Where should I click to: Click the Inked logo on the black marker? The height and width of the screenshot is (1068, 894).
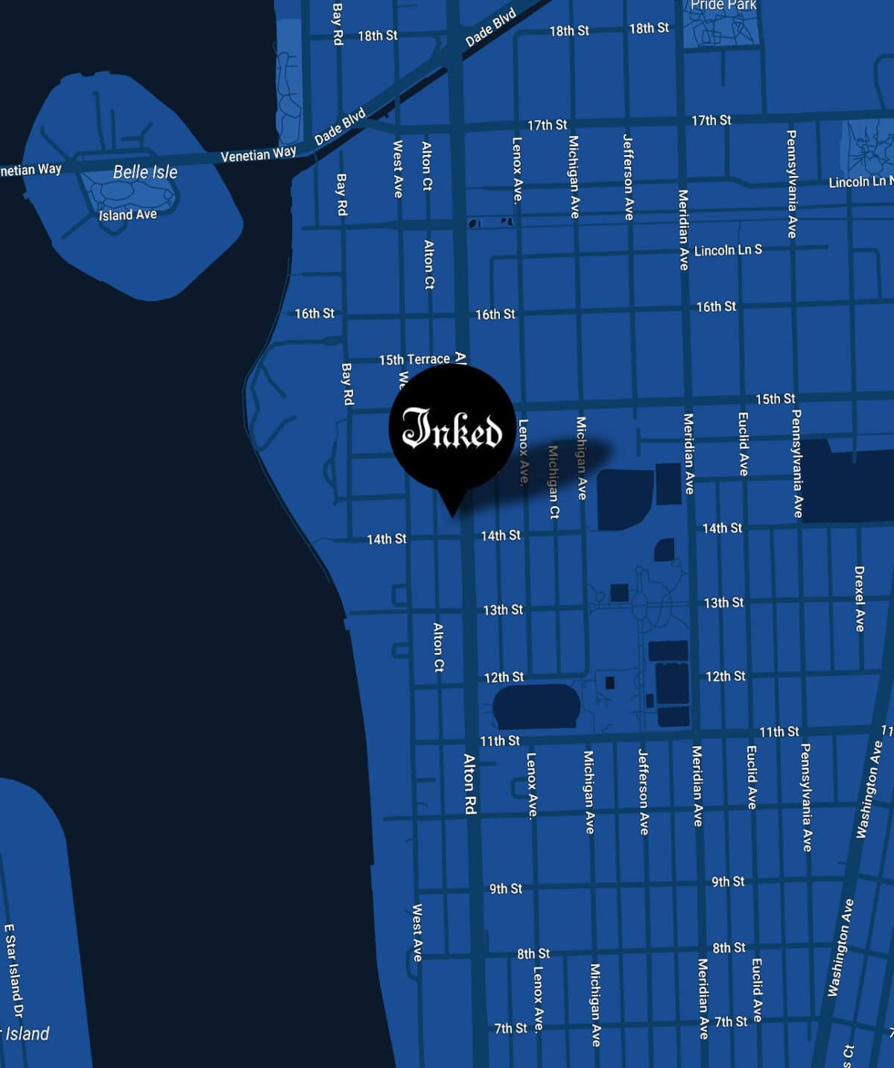point(452,429)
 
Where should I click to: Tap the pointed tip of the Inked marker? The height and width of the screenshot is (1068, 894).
point(451,514)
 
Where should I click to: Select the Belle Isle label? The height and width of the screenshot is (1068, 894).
point(145,172)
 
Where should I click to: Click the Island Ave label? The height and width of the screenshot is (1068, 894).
point(127,215)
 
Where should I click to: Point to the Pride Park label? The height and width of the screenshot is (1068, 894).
point(723,5)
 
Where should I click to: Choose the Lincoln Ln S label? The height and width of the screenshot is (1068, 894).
point(728,250)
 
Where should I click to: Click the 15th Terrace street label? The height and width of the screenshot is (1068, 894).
point(414,359)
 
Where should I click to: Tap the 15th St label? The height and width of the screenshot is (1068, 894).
point(775,399)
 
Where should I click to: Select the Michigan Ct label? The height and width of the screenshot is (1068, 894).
point(554,481)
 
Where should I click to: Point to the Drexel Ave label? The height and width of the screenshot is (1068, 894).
point(859,598)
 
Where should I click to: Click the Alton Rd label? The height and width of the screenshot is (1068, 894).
point(469,783)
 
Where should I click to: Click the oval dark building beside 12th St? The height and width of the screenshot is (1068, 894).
point(536,706)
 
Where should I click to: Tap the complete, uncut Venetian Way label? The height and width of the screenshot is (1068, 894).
point(258,154)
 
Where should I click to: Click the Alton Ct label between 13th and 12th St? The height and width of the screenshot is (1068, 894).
point(439,647)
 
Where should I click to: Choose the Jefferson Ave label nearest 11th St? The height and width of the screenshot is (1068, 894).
point(644,791)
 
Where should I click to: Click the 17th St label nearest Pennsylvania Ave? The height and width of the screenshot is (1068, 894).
point(711,121)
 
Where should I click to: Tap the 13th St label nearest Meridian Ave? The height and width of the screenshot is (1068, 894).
point(723,602)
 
